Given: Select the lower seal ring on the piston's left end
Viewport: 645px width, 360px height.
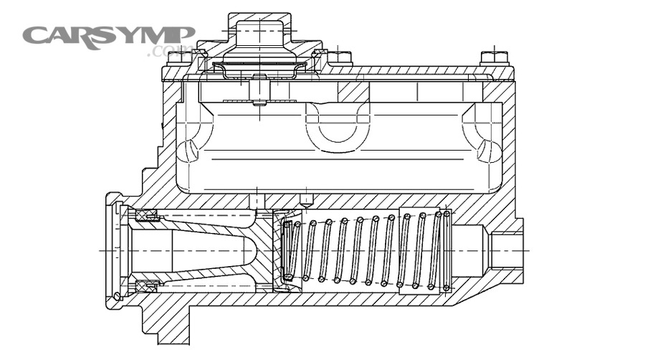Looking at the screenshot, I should [148, 286].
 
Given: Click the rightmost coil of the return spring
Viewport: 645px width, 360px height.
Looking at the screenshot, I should [446, 250].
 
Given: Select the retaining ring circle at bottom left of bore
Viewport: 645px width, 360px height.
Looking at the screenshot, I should [118, 296].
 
